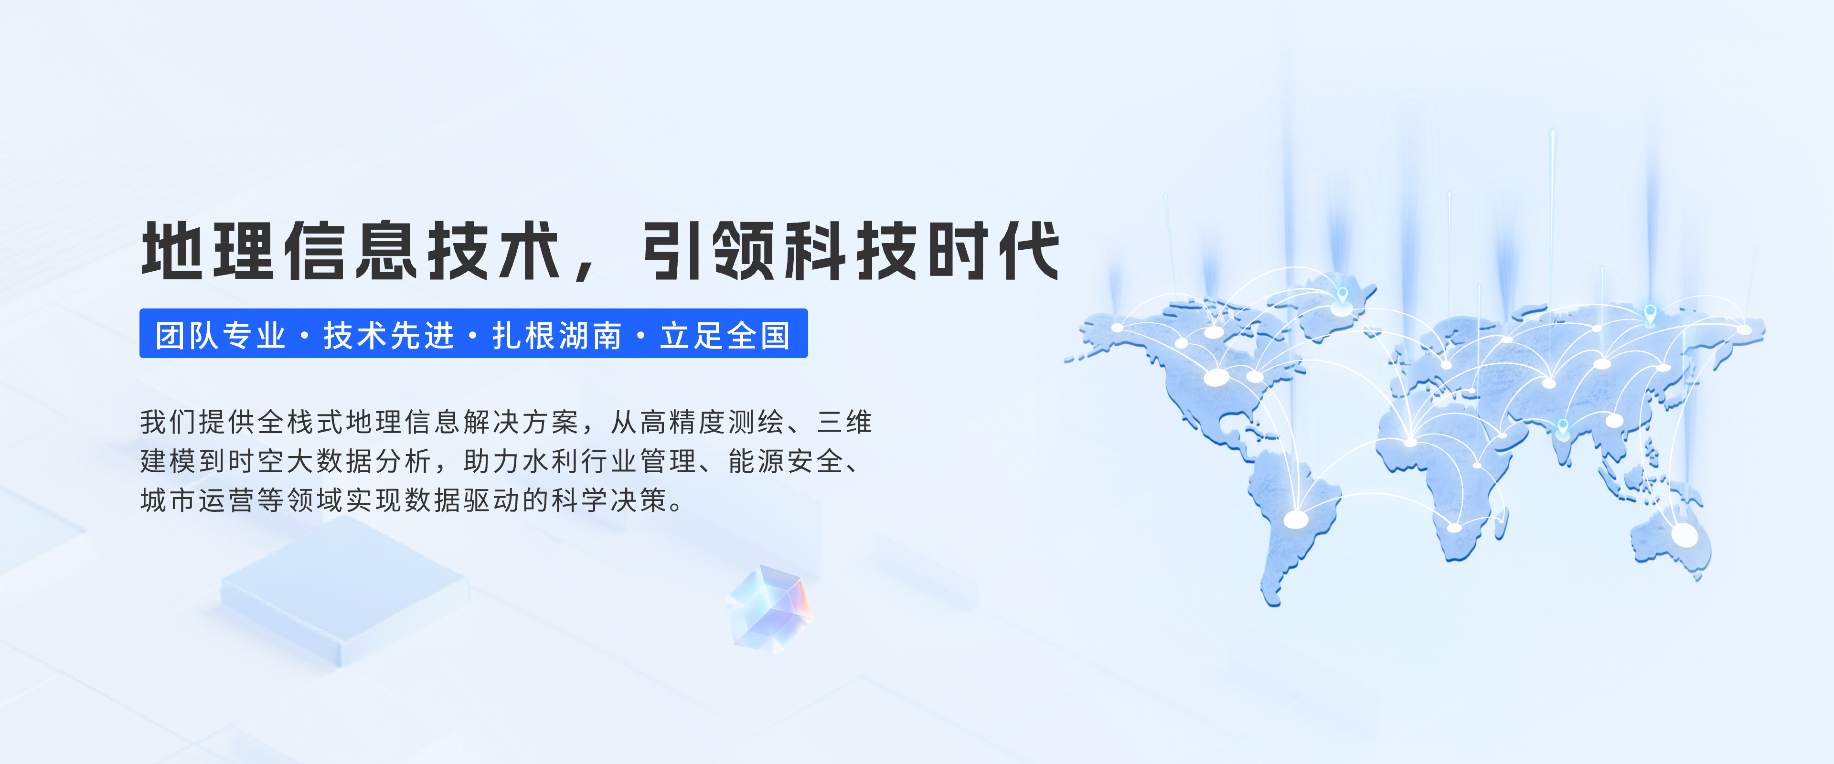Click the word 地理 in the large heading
click(x=208, y=251)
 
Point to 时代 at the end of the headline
click(x=994, y=251)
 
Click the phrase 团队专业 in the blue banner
click(x=221, y=335)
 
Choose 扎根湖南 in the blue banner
click(x=557, y=335)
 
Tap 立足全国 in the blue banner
click(x=725, y=335)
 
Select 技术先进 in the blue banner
click(x=389, y=335)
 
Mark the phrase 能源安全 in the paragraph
click(x=786, y=461)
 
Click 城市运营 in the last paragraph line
click(x=197, y=500)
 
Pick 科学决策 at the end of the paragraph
click(x=609, y=500)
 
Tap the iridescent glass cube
click(x=769, y=609)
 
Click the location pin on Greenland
click(x=1342, y=295)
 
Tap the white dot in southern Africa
click(x=1454, y=528)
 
